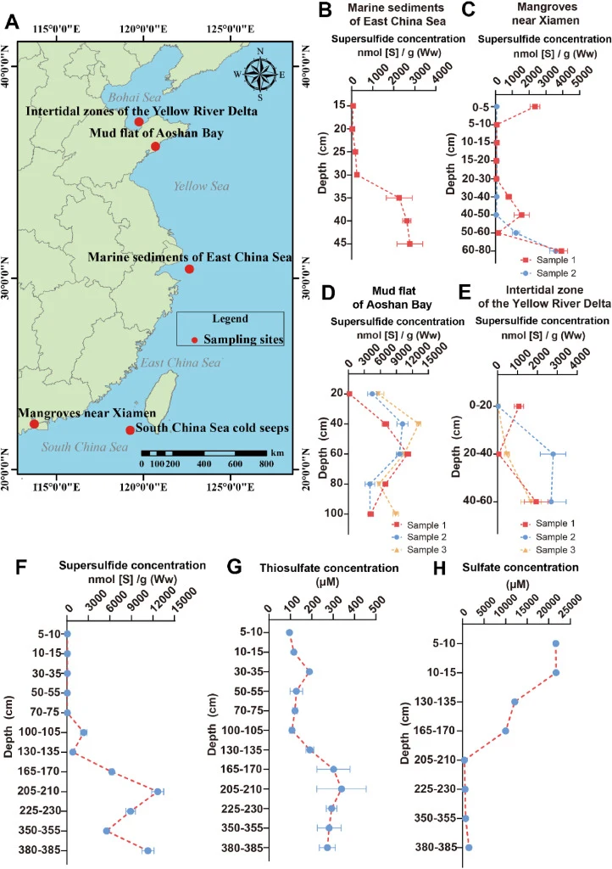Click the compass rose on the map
pos(260,75)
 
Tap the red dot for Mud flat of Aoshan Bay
pos(155,146)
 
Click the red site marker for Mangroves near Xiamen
pos(34,424)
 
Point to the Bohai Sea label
pos(135,98)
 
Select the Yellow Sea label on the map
pos(202,186)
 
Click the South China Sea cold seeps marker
pos(130,430)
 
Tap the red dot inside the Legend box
pos(194,339)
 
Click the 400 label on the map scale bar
pos(204,464)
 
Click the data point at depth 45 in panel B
pos(410,244)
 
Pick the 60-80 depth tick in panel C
pos(475,250)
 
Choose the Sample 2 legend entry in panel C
pos(548,273)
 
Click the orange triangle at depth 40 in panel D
pos(419,423)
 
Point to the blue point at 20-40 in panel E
pos(553,454)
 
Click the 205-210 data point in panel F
pos(159,792)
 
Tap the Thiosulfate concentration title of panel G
pos(329,568)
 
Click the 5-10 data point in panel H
pos(555,643)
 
